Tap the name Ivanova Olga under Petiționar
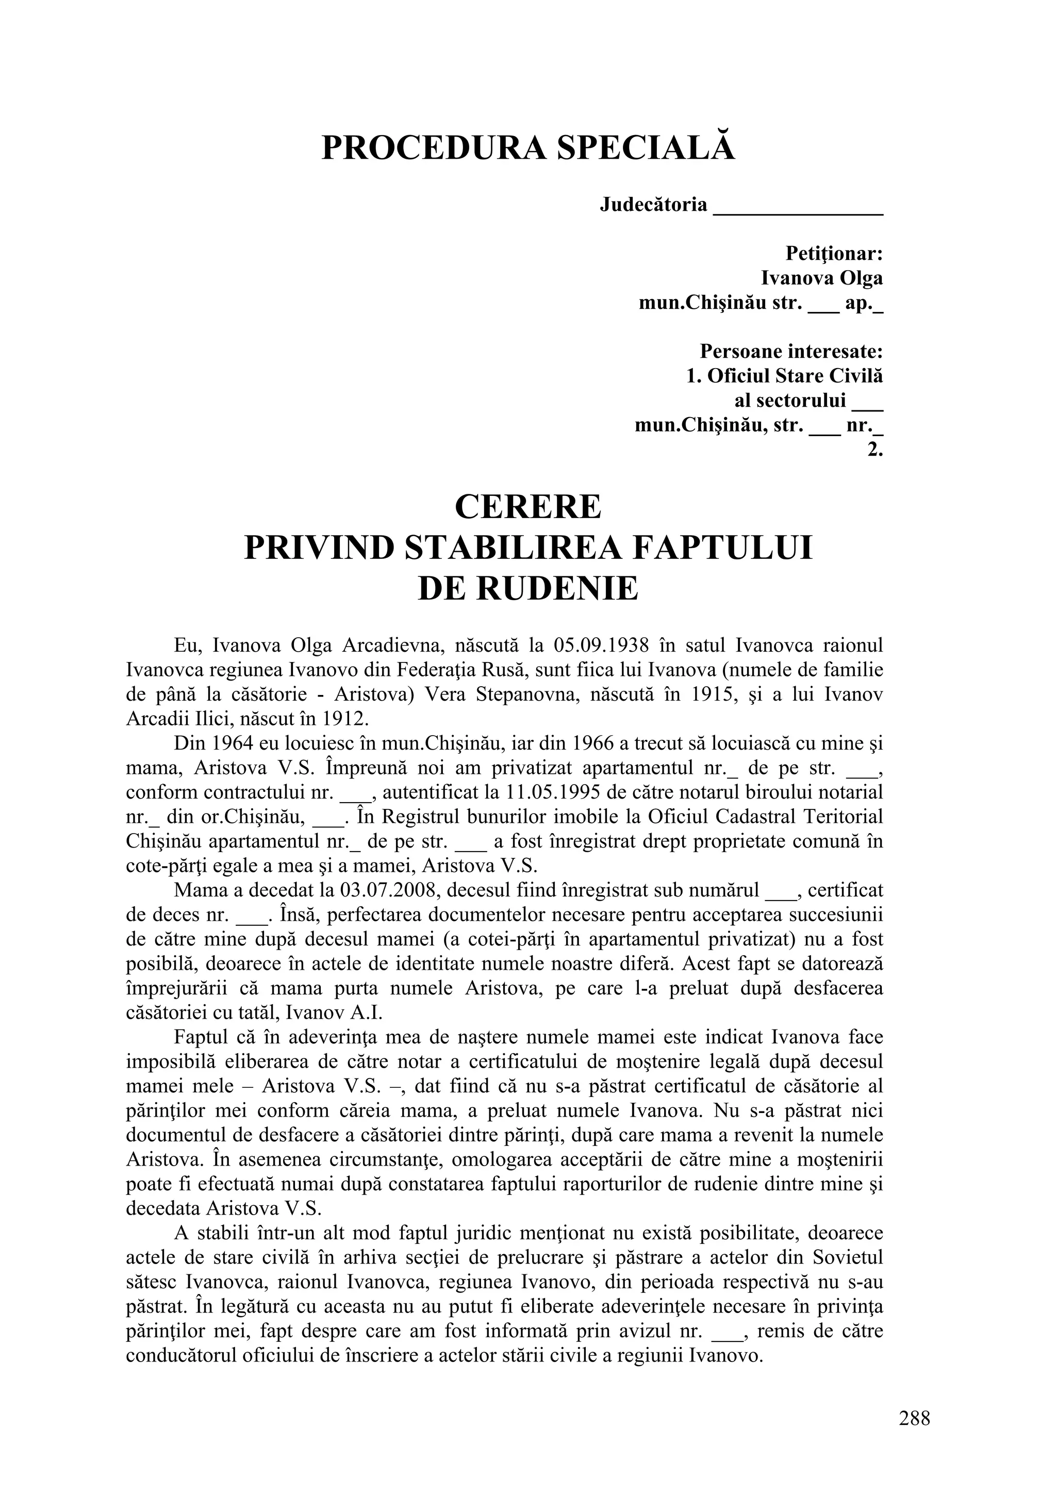[822, 278]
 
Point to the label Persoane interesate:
[791, 352]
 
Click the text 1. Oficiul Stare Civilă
[785, 376]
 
